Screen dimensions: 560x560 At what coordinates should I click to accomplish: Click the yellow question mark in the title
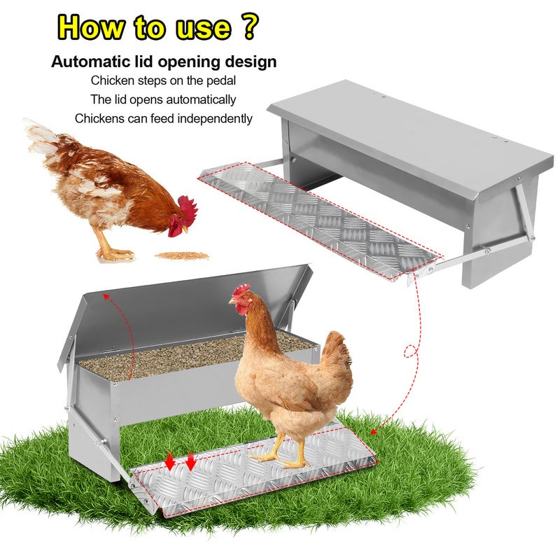pos(250,26)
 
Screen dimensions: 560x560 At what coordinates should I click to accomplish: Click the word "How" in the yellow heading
pos(92,27)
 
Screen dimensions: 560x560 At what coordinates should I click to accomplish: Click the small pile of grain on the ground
pos(182,255)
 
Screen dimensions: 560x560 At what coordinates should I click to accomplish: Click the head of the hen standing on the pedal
pos(241,300)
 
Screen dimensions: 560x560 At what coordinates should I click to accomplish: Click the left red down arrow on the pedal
pos(170,461)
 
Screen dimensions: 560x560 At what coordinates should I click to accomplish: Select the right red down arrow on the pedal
pos(191,461)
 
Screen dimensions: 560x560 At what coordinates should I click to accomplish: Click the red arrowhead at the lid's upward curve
pos(106,295)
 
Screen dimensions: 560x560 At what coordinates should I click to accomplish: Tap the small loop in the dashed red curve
pos(411,351)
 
